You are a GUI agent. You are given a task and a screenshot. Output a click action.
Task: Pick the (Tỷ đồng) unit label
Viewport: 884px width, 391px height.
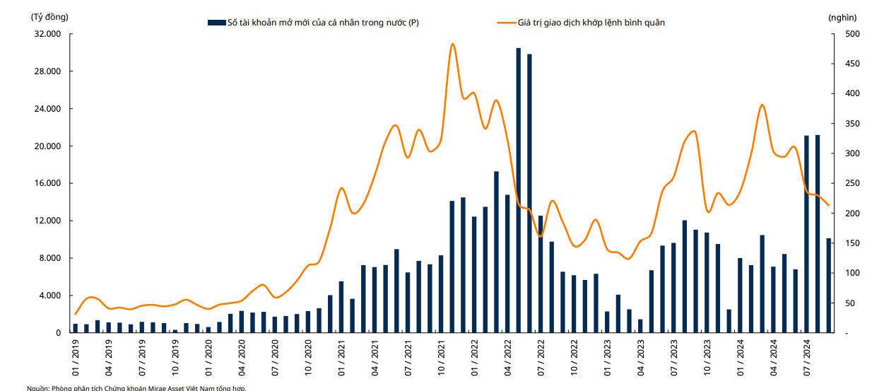50,16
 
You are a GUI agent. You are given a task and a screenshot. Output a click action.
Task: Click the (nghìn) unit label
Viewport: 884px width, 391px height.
842,17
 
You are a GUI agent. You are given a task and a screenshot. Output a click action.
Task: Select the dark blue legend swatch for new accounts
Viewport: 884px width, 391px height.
216,23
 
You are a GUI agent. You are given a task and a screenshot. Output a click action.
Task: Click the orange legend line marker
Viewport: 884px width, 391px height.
506,23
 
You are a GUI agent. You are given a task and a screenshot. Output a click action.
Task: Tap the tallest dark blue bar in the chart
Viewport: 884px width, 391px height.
518,190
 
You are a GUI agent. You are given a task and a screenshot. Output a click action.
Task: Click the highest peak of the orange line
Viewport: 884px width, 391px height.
452,44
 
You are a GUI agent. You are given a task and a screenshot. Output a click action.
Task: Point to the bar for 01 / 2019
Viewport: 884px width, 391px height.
76,328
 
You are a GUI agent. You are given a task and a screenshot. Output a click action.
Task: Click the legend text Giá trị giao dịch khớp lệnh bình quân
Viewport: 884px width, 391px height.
591,23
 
